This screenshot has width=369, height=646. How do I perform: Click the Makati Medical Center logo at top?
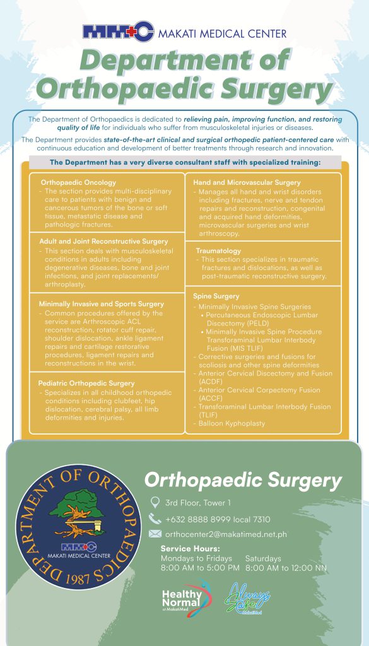(119, 32)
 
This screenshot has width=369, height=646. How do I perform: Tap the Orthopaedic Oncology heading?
(78, 182)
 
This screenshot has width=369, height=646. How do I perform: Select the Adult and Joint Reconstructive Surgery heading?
(103, 241)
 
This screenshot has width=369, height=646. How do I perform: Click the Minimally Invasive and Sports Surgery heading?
(101, 303)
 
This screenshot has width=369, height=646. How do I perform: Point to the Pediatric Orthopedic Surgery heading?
(86, 383)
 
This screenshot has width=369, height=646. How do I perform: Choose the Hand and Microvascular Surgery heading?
(247, 182)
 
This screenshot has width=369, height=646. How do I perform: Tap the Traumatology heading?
(218, 250)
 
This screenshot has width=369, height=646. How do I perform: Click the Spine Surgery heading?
(216, 296)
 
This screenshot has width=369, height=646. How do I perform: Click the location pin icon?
(155, 503)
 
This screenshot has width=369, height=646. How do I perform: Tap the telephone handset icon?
(155, 519)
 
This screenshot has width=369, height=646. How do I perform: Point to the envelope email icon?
(155, 534)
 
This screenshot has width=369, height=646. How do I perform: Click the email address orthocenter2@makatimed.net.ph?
(226, 534)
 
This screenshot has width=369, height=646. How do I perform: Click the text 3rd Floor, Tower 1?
(198, 503)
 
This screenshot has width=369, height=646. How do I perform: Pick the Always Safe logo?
(249, 597)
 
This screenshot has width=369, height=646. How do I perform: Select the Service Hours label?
(190, 548)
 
